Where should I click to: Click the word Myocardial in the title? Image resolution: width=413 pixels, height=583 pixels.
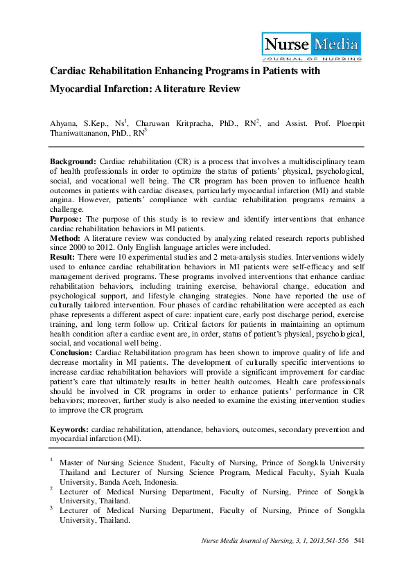(x=75, y=89)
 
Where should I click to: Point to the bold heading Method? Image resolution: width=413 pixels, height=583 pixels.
(x=66, y=237)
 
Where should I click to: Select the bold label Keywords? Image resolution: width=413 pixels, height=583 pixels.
(x=69, y=430)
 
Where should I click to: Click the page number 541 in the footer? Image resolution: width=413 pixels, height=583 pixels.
(x=359, y=540)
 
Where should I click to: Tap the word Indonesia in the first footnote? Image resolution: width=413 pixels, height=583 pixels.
(x=159, y=482)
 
